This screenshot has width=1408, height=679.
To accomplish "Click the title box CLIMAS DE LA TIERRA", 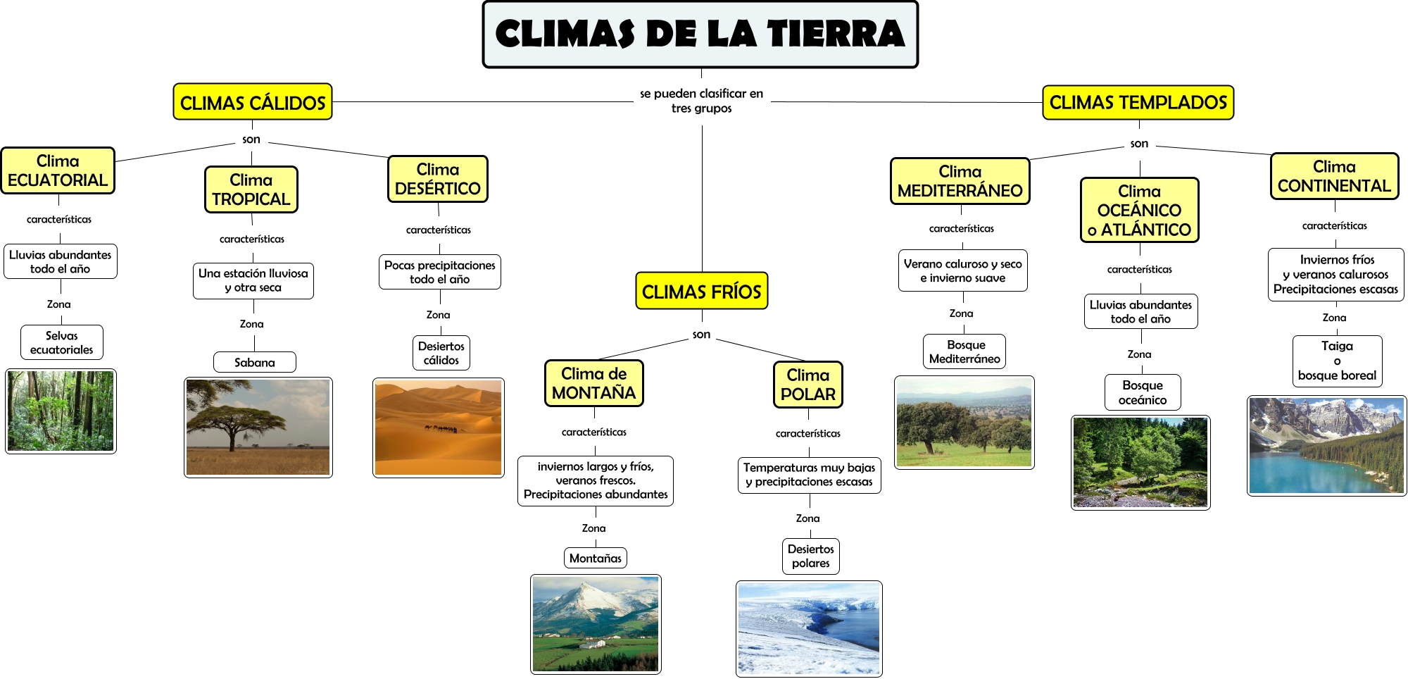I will pyautogui.click(x=700, y=35).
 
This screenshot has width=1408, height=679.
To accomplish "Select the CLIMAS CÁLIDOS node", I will pyautogui.click(x=253, y=103).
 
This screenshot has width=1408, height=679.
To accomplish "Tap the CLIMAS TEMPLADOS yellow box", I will pyautogui.click(x=1138, y=103).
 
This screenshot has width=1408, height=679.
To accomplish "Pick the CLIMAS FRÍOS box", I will pyautogui.click(x=701, y=292).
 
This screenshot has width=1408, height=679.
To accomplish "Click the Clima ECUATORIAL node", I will pyautogui.click(x=58, y=171).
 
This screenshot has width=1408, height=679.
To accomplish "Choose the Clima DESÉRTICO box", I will pyautogui.click(x=437, y=180).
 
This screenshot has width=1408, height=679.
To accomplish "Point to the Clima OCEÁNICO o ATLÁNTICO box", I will pyautogui.click(x=1139, y=211).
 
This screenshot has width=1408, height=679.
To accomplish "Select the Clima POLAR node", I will pyautogui.click(x=807, y=385).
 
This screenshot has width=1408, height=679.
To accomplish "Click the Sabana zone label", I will pyautogui.click(x=254, y=363).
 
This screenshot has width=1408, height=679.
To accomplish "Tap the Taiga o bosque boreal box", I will pyautogui.click(x=1337, y=361).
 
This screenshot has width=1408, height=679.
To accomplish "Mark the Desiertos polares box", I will pyautogui.click(x=810, y=556).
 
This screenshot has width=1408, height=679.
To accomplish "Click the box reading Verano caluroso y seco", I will pyautogui.click(x=962, y=271).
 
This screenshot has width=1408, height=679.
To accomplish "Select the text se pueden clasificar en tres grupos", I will pyautogui.click(x=701, y=101).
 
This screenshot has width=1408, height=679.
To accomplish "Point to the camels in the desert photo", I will pyautogui.click(x=441, y=428).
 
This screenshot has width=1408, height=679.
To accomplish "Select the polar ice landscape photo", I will pyautogui.click(x=809, y=628).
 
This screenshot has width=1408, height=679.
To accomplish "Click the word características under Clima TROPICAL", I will pyautogui.click(x=252, y=239).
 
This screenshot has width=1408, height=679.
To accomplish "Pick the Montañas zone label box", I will pyautogui.click(x=595, y=559).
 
